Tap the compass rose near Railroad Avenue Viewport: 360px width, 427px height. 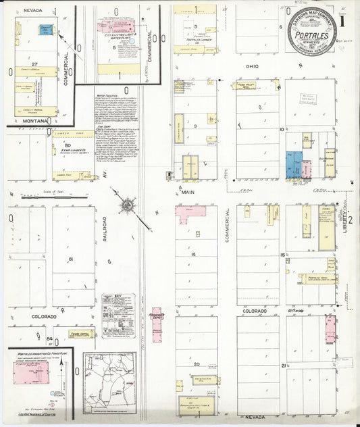tap(126, 203)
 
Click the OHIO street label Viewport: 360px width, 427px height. tap(252, 66)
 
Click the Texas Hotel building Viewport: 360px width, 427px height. tap(81, 334)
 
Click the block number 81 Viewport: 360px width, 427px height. tap(69, 259)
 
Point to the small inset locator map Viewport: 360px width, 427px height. tap(109, 382)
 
